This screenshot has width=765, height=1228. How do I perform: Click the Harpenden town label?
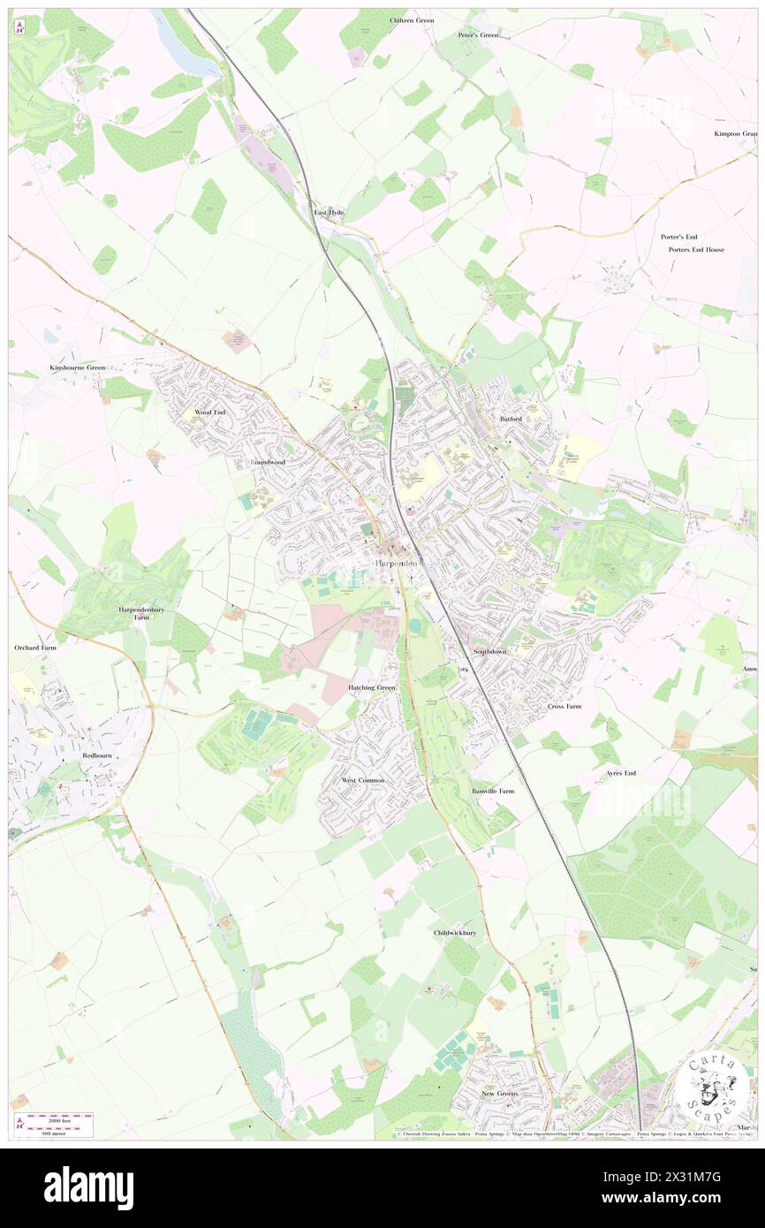(395, 563)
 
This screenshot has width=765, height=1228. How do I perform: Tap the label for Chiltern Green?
(412, 19)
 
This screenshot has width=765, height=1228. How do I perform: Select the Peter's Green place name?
(478, 35)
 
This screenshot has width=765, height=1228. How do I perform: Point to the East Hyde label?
(329, 213)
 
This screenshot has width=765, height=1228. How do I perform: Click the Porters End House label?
(696, 250)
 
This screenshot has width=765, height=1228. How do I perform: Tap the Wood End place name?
(210, 413)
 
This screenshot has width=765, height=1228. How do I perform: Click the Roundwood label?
(268, 462)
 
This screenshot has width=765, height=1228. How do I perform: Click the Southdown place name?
(489, 651)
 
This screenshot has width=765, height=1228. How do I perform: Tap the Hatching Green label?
(372, 687)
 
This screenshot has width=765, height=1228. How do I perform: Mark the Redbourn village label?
(97, 757)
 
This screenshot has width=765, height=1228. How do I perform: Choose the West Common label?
(363, 781)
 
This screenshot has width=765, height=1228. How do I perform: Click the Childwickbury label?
(455, 933)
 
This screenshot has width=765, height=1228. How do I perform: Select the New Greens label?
(499, 1094)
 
